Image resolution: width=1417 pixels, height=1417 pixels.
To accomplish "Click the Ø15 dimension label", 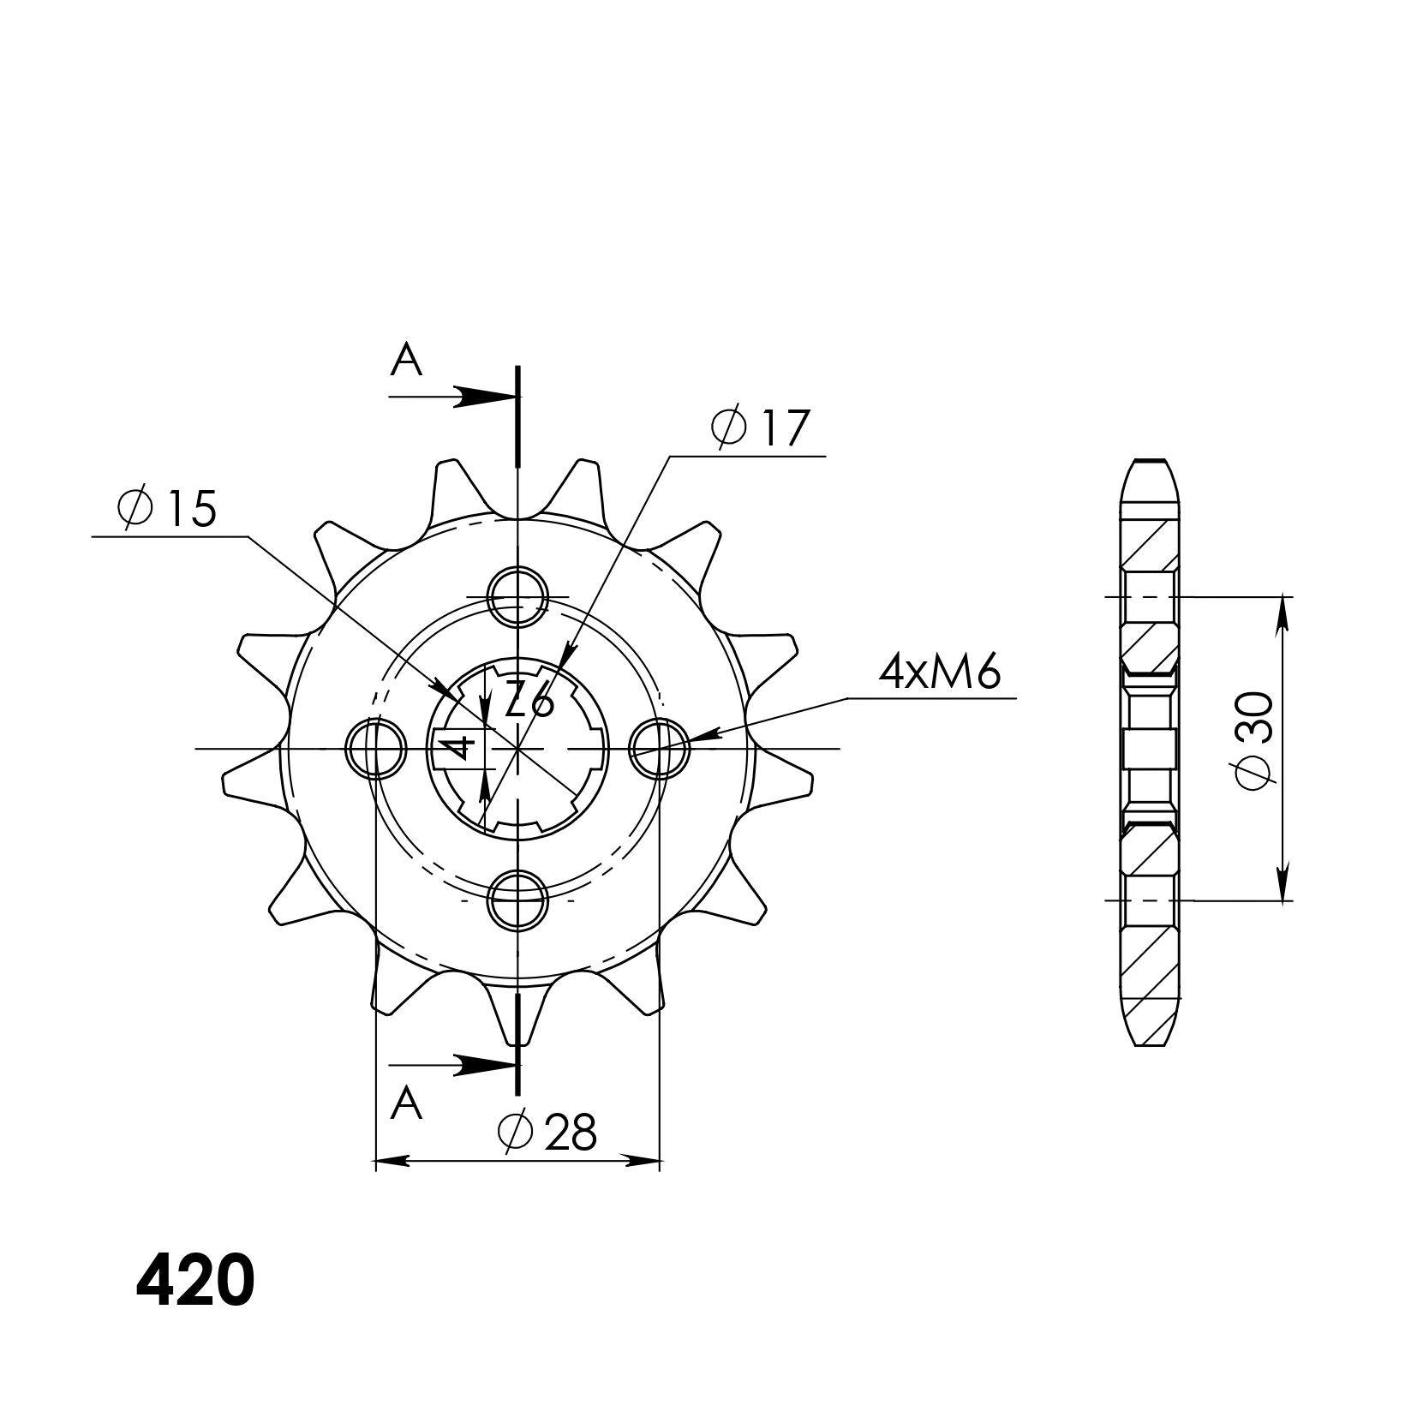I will click(x=168, y=509).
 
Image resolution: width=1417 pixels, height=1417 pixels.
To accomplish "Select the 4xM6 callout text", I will click(x=939, y=673).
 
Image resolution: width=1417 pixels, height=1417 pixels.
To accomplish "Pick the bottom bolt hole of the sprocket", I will click(x=517, y=900).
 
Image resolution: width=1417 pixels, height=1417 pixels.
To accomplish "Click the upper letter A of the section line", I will click(x=406, y=361).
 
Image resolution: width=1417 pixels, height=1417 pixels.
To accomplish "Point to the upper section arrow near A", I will click(x=484, y=397).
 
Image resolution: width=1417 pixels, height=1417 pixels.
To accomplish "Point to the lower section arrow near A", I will click(x=484, y=1065).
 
